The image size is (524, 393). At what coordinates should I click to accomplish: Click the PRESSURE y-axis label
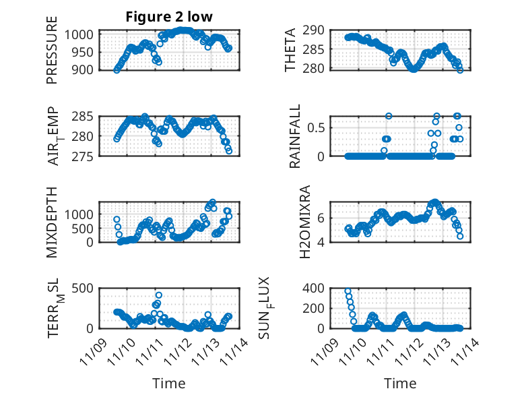(x=52, y=50)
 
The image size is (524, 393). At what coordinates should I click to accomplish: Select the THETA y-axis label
(x=290, y=50)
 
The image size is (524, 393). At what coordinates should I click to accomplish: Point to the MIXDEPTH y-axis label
(x=52, y=222)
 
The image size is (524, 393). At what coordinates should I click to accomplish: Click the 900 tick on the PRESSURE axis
(x=84, y=69)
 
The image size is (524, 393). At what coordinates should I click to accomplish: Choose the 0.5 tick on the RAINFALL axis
(x=321, y=127)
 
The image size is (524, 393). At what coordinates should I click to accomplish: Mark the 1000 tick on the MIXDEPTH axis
(x=81, y=214)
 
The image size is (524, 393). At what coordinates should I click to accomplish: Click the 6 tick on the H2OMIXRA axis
(x=325, y=217)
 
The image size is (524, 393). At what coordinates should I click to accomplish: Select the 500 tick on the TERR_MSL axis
(x=84, y=288)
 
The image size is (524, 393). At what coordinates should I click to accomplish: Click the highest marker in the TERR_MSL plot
(x=159, y=295)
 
